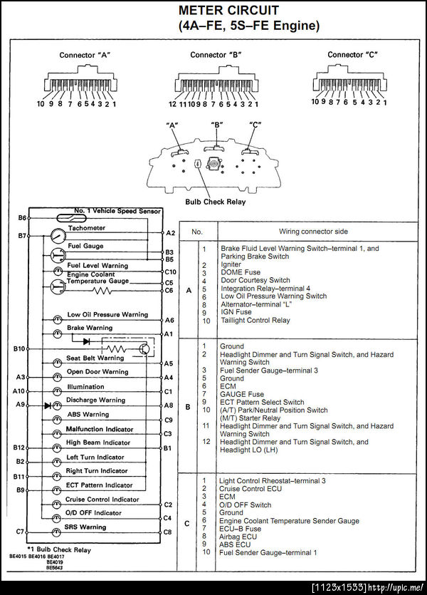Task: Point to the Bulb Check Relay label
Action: click(215, 202)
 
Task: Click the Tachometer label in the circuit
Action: click(86, 228)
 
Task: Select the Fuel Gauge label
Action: click(85, 246)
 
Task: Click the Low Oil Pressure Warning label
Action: click(107, 314)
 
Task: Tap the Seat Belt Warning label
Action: click(95, 358)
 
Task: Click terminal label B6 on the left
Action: click(22, 217)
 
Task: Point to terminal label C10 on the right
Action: click(170, 271)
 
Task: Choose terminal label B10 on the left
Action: click(19, 349)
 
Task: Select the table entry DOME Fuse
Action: click(241, 272)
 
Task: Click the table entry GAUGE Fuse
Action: click(242, 394)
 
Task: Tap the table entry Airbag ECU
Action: click(239, 537)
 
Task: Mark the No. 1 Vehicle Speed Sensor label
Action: click(117, 211)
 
